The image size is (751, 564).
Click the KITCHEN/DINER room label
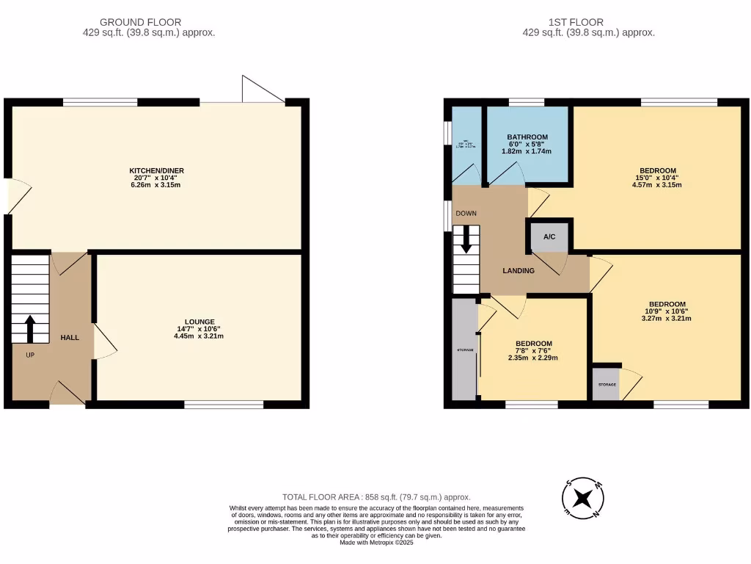click(x=153, y=170)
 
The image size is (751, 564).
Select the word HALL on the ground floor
click(x=70, y=337)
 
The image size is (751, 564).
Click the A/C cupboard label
click(x=549, y=236)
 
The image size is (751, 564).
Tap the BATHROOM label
click(x=527, y=137)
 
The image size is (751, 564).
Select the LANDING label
click(x=518, y=271)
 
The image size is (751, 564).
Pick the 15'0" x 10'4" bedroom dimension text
click(x=657, y=181)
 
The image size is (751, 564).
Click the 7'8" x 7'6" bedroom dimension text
click(x=533, y=354)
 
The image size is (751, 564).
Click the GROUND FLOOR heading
click(x=140, y=23)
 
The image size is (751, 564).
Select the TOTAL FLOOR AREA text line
click(x=376, y=497)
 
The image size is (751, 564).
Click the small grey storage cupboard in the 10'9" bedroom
click(x=605, y=386)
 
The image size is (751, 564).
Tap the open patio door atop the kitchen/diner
click(x=263, y=90)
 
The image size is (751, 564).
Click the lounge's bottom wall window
click(x=224, y=404)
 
